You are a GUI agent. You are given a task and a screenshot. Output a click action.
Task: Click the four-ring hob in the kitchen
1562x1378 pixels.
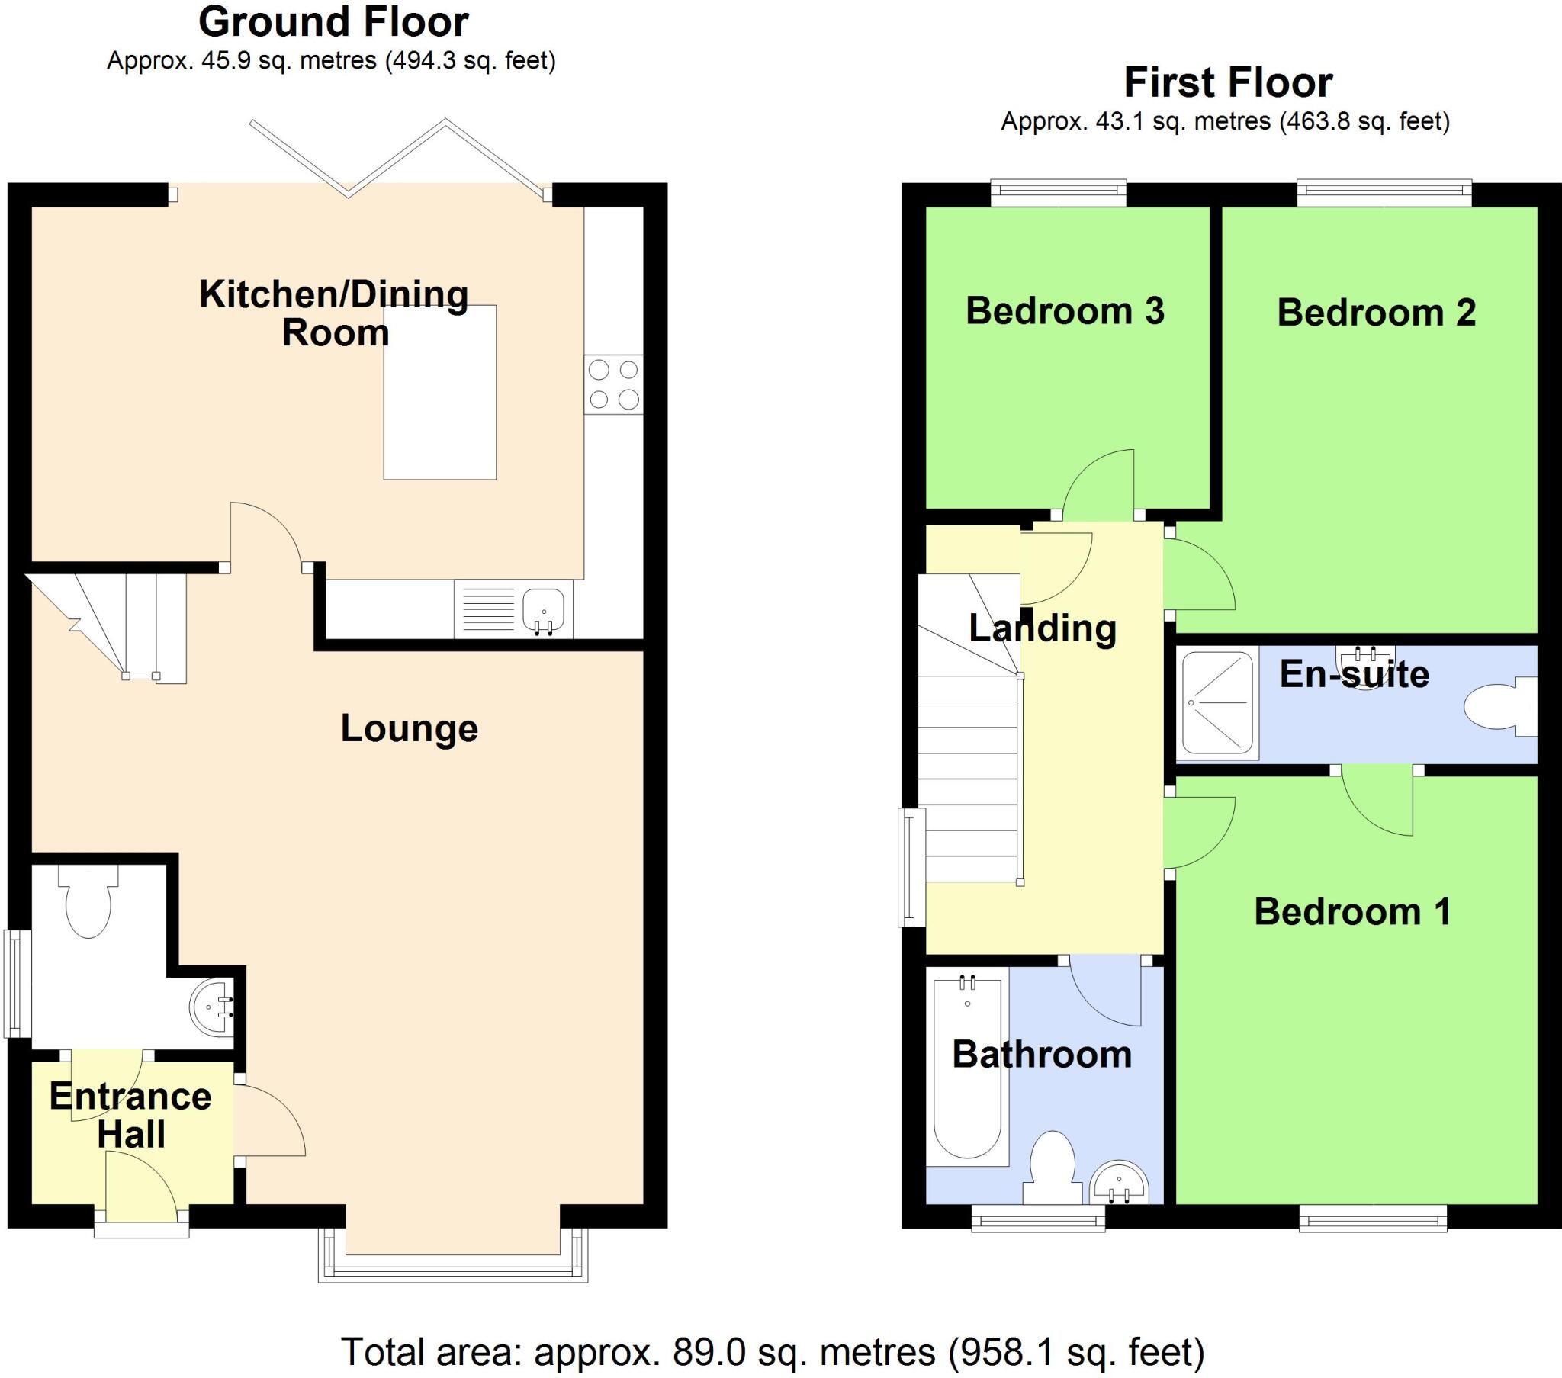(613, 385)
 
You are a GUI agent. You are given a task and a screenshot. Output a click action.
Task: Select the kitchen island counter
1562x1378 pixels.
(439, 392)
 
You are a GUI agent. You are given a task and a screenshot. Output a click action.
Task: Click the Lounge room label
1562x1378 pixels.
(409, 728)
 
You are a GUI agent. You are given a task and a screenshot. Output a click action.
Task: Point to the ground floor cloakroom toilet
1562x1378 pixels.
(88, 907)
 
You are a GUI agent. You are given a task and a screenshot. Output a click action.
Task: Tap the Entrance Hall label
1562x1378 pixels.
(130, 1115)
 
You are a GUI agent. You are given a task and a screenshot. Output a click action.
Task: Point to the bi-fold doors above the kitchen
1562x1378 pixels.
(397, 158)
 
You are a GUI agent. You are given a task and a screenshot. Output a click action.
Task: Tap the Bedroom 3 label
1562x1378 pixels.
(1065, 311)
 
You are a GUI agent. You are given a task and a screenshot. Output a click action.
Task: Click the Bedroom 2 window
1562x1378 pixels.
(1384, 194)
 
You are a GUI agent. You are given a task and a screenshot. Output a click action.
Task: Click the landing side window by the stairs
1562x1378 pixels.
(911, 867)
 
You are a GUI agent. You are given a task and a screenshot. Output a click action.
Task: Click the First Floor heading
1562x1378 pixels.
(1227, 83)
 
